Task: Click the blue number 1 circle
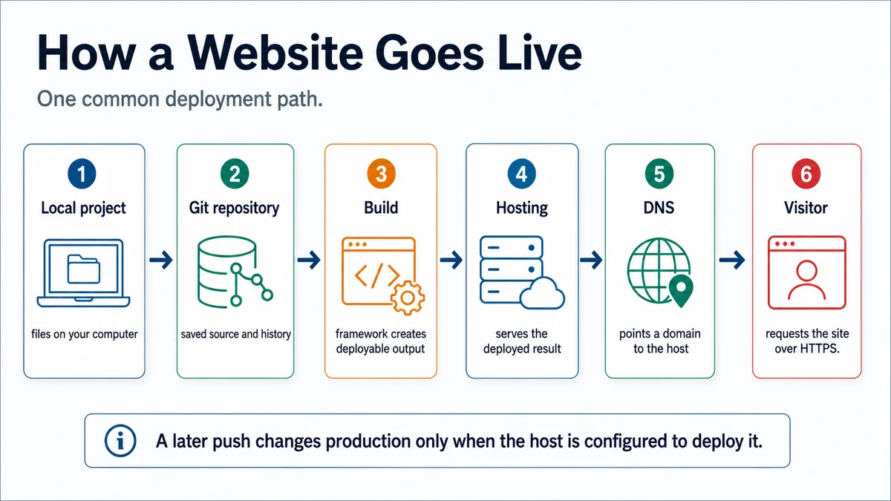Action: pos(82,174)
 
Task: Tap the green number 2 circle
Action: pos(235,174)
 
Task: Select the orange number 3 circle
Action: pos(381,174)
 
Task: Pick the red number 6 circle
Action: pos(806,174)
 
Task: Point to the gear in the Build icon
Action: pos(408,298)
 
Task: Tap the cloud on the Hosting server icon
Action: pos(542,293)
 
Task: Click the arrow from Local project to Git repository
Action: pos(161,260)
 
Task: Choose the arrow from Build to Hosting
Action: pos(451,260)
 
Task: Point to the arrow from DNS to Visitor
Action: pos(732,260)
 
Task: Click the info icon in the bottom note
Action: pos(120,441)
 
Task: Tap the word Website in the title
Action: pos(275,53)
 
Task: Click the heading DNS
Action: pos(659,208)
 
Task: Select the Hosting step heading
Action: pos(522,208)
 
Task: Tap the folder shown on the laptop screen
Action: pos(83,269)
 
